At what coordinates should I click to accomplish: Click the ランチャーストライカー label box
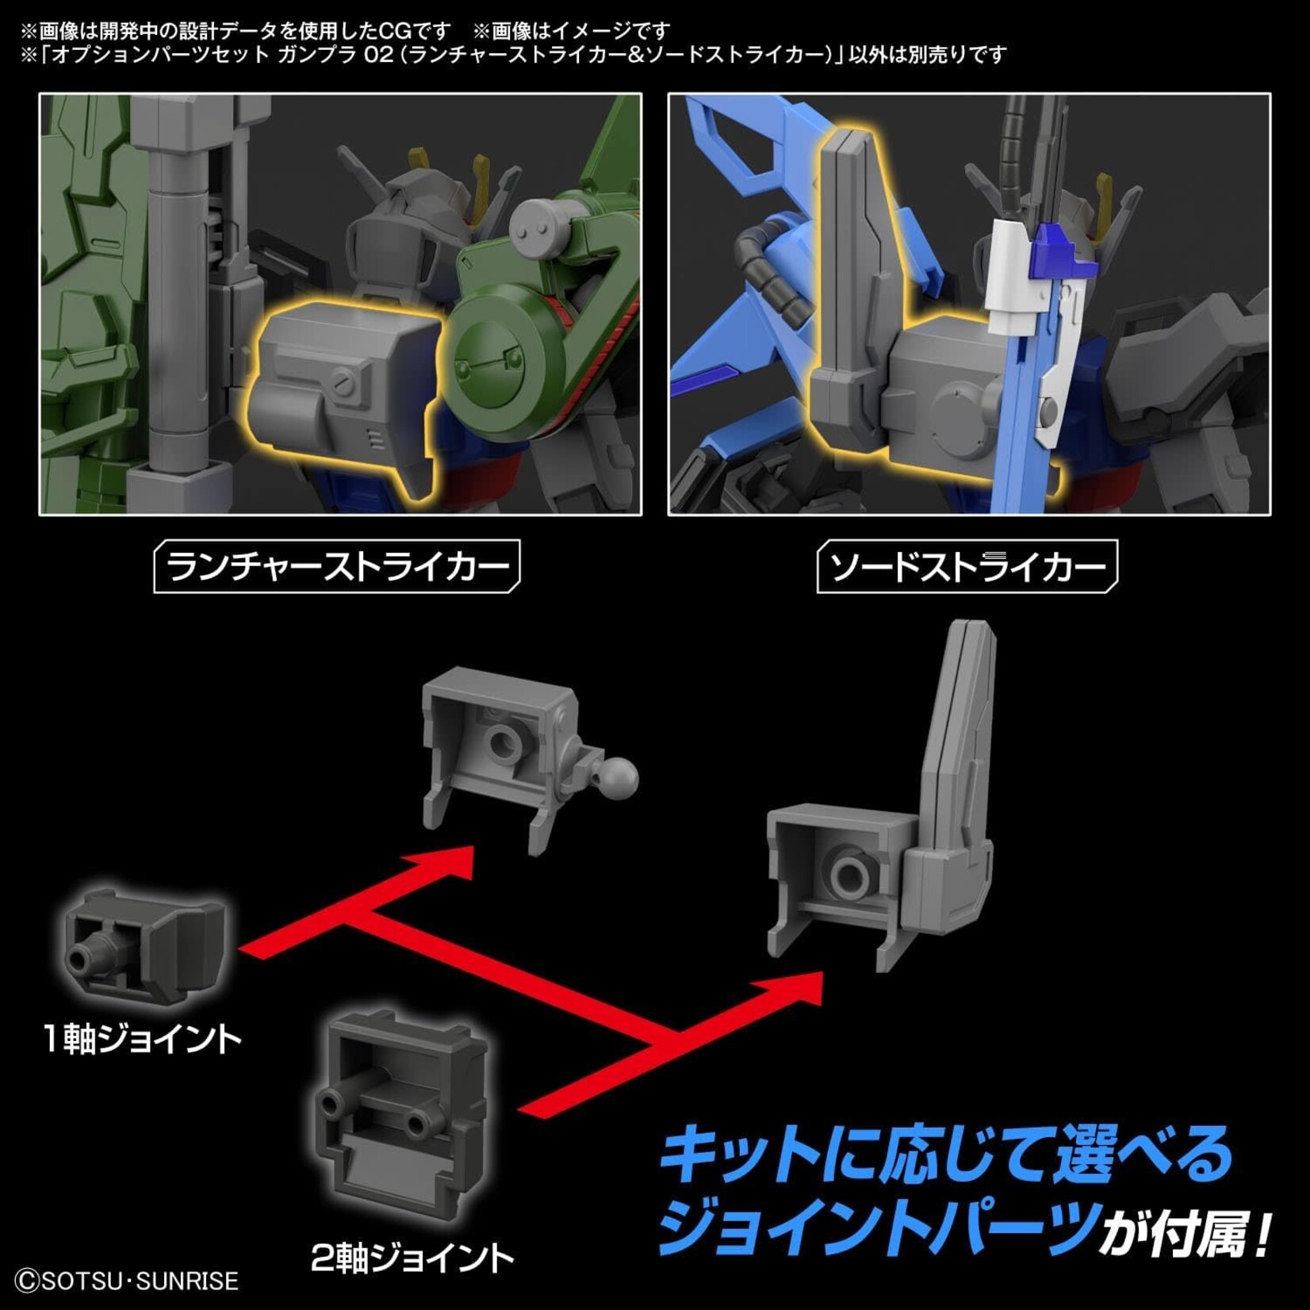[337, 566]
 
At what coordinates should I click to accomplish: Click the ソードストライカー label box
[967, 566]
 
